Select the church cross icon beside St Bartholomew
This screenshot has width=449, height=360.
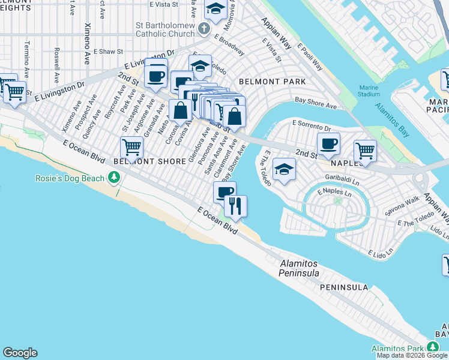[203, 28]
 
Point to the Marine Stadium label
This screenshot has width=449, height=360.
[369, 90]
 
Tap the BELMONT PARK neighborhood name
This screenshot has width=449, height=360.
[272, 81]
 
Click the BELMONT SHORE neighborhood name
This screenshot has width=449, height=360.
[151, 161]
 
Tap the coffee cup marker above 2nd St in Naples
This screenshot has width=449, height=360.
[328, 143]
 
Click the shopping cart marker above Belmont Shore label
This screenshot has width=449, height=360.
[131, 146]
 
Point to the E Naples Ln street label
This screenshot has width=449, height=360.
[334, 192]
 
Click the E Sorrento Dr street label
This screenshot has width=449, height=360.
[312, 128]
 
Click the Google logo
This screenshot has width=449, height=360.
[20, 353]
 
